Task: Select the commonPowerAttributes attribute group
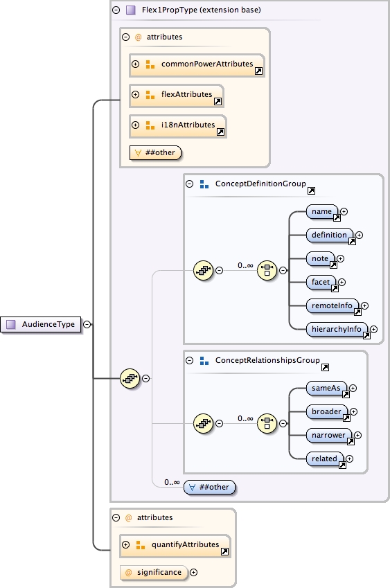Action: point(197,64)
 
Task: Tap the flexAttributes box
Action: point(176,95)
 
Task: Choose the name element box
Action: point(322,211)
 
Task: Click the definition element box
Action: point(330,235)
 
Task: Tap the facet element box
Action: point(321,282)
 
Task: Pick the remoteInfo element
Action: point(333,305)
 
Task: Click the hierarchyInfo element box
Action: point(337,329)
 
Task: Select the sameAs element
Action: point(326,389)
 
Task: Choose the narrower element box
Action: point(329,436)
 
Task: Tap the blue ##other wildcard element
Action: point(210,487)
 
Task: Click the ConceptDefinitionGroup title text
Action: point(260,184)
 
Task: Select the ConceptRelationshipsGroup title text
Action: point(267,360)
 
